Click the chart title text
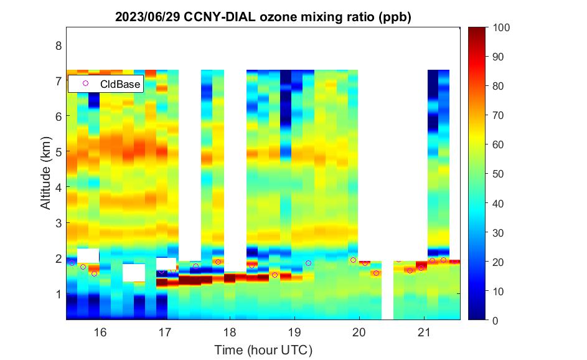(x=263, y=18)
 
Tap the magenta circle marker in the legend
(x=86, y=83)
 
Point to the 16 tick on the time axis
(x=100, y=333)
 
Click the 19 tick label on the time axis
(x=294, y=333)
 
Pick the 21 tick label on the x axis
(x=424, y=333)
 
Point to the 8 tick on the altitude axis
(x=59, y=45)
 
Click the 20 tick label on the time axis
(x=359, y=333)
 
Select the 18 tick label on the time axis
(x=230, y=333)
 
